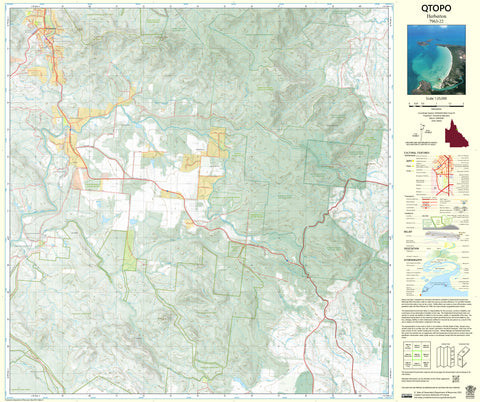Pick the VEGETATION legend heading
click(415, 248)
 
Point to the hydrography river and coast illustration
click(450, 275)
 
